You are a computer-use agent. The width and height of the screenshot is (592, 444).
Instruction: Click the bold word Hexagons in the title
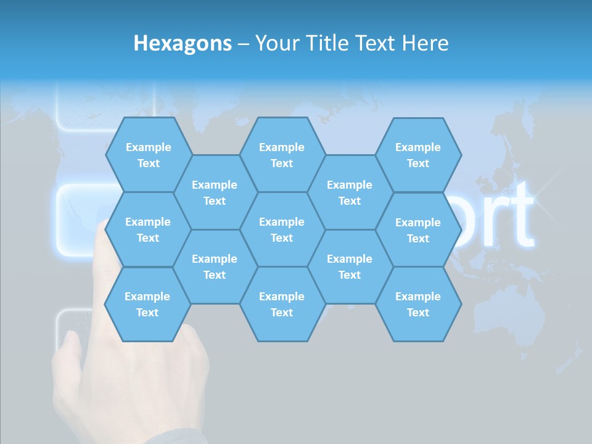click(x=183, y=43)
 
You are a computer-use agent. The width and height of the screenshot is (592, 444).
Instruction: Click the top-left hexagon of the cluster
click(x=148, y=155)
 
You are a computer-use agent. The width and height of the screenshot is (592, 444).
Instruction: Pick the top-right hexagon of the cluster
click(x=418, y=155)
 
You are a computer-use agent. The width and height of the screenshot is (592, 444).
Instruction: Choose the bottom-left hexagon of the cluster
click(x=147, y=304)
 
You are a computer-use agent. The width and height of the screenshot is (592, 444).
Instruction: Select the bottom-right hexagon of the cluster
click(x=418, y=304)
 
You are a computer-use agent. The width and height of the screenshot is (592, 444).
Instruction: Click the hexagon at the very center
click(x=282, y=229)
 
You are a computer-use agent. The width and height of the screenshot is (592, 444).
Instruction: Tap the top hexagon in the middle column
click(x=282, y=155)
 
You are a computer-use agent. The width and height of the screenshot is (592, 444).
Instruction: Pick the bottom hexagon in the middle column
click(x=282, y=304)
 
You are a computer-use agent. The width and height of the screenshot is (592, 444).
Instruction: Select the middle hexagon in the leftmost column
click(x=148, y=229)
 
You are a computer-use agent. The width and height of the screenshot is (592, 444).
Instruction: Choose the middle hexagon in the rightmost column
click(x=418, y=230)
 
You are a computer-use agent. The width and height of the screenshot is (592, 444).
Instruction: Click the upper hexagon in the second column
click(x=215, y=192)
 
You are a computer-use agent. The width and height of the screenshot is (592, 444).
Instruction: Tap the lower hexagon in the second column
click(x=215, y=266)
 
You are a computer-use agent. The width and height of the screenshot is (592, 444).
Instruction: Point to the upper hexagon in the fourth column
click(x=350, y=192)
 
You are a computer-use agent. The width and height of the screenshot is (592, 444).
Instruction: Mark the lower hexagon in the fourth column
click(x=350, y=266)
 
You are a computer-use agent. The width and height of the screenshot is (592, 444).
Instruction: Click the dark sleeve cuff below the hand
click(x=179, y=437)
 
